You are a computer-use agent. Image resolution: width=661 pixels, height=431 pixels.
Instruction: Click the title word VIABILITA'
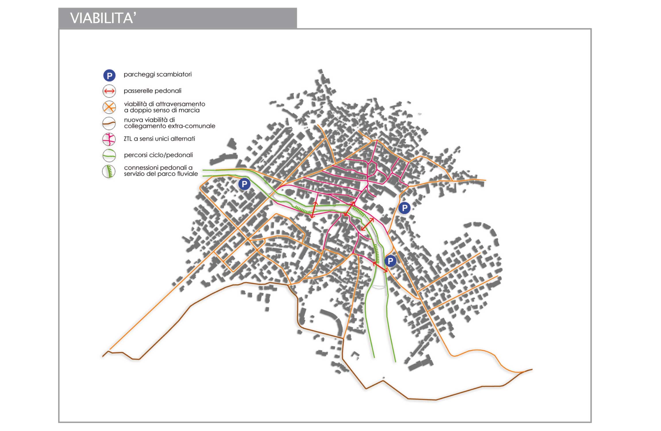tap(103, 18)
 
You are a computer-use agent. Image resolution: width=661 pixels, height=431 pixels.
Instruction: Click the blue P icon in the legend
tap(109, 76)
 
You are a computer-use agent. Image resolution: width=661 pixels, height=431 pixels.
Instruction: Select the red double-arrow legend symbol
tap(109, 91)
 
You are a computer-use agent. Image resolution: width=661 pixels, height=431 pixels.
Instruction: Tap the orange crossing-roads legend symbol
tap(109, 107)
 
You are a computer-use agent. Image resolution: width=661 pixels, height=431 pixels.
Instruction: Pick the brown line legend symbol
tap(109, 124)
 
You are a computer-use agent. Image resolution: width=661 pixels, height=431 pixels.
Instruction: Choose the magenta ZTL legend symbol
tap(109, 140)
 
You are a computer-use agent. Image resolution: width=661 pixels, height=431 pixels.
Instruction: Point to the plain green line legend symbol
tap(109, 155)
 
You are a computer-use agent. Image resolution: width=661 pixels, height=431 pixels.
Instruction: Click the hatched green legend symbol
tap(109, 172)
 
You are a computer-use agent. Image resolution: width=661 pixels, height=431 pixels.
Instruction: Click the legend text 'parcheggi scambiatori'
tap(157, 75)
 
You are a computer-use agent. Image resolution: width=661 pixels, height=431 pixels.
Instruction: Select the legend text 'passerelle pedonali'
tap(153, 91)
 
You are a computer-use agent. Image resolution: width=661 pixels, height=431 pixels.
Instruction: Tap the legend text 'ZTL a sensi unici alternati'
tap(160, 139)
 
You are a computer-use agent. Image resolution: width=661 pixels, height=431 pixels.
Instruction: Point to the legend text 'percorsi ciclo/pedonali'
tap(158, 155)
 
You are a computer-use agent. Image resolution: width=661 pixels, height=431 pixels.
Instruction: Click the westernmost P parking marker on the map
tap(245, 184)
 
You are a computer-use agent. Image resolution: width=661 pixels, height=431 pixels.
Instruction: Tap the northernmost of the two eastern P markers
tap(404, 208)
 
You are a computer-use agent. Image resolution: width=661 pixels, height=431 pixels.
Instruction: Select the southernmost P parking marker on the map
tap(390, 261)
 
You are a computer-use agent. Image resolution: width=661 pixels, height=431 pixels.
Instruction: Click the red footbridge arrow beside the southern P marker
tap(380, 267)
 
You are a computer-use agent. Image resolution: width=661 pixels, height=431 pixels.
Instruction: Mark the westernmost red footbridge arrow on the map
tap(314, 210)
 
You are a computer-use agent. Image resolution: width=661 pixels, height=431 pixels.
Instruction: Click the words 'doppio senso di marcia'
tap(165, 110)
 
